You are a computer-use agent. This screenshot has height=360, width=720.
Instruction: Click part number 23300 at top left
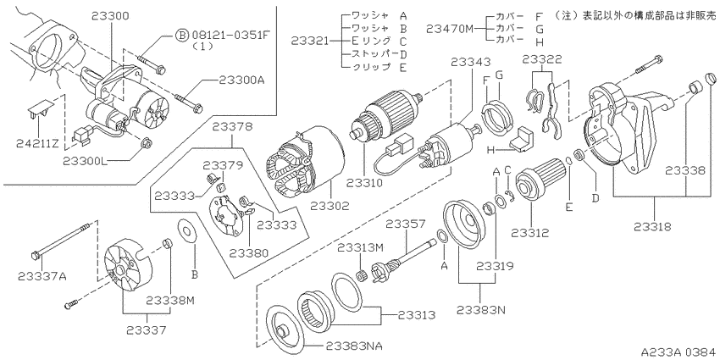pos(110,15)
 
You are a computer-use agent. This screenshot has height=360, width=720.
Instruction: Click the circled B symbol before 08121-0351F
pos(182,36)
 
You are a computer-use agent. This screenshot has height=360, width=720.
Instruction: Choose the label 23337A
pos(42,276)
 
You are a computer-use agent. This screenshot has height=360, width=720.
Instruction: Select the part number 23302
pos(330,205)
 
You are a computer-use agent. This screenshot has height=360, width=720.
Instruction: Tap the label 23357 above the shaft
pos(405,224)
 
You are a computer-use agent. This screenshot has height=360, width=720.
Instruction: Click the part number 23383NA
pos(353,345)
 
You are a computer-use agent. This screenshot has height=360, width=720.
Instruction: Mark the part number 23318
pos(653,226)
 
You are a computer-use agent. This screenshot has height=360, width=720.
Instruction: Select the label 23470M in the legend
pos(450,29)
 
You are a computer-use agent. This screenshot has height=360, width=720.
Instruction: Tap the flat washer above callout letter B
pos(186,230)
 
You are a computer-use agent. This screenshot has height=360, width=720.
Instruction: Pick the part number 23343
pos(470,62)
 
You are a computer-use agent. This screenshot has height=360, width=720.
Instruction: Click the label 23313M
pos(360,247)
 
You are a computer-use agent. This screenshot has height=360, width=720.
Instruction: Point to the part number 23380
pos(248,252)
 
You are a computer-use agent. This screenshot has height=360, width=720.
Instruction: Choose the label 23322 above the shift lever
pos(542,59)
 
